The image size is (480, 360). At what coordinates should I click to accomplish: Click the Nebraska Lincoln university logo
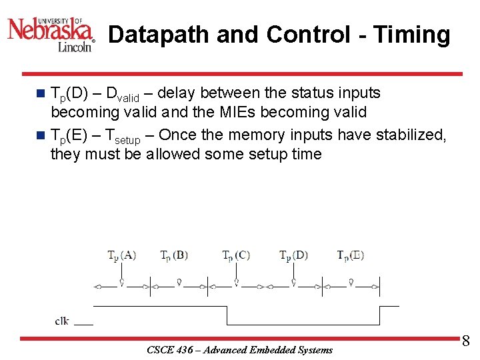(x=51, y=30)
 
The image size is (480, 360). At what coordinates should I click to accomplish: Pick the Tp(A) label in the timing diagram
(x=122, y=255)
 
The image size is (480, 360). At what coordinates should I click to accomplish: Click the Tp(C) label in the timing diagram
(x=236, y=255)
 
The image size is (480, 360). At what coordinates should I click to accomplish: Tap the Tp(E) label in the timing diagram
(x=350, y=255)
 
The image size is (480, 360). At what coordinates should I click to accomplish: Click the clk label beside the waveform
(x=62, y=321)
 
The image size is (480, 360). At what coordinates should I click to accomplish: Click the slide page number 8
(x=465, y=341)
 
